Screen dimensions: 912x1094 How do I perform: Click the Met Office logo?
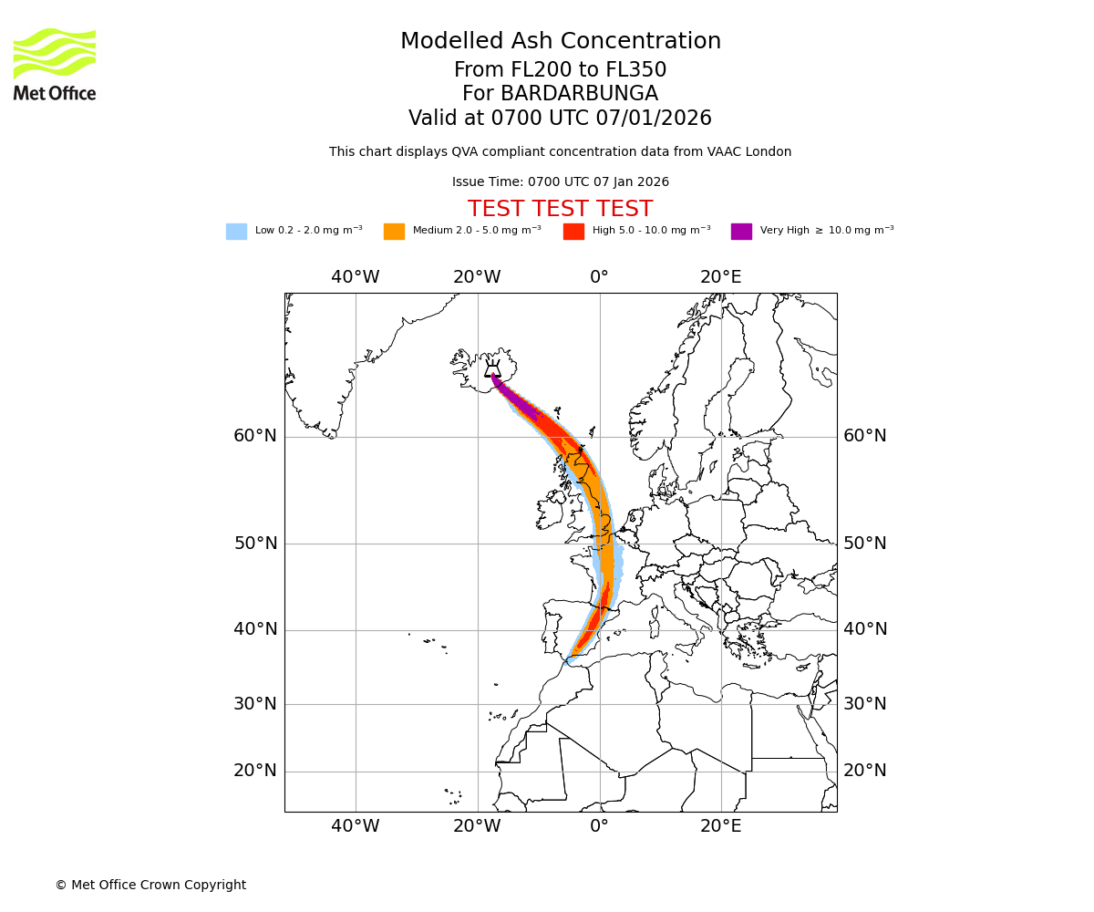55,64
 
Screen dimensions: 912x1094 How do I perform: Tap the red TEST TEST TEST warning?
560,209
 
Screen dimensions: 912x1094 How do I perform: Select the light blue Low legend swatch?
236,232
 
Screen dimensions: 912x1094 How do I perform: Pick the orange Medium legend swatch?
394,232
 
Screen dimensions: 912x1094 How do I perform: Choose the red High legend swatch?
573,232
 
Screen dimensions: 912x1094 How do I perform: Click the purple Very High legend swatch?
741,232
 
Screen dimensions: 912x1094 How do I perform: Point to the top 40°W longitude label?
355,277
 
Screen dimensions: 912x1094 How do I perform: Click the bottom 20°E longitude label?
720,826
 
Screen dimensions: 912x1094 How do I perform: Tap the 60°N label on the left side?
255,436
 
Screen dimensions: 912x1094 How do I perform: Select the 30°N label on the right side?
864,704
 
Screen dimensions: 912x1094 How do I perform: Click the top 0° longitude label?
599,277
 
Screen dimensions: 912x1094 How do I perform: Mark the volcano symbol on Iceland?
492,369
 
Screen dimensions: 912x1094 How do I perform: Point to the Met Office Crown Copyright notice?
150,885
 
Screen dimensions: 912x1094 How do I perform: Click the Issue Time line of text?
560,182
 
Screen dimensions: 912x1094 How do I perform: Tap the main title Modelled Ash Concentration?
560,42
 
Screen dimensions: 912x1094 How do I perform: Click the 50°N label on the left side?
255,544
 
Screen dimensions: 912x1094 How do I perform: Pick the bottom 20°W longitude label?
477,826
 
